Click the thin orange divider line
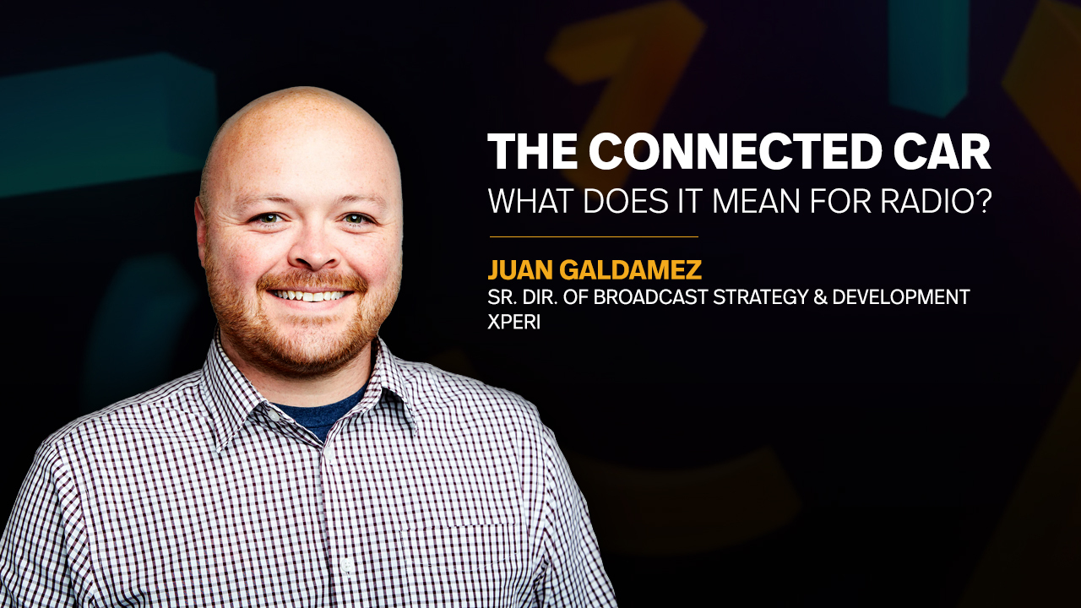coord(594,237)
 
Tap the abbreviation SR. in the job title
coord(502,297)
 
